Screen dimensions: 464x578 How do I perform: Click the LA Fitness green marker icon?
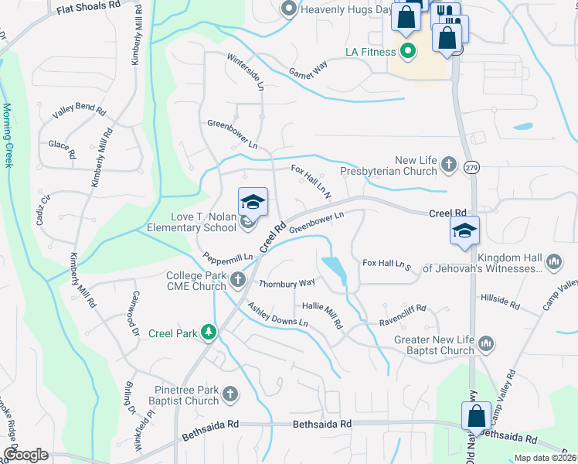407,52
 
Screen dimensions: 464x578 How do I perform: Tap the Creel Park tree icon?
208,332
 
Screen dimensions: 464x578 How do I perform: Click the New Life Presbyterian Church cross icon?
449,163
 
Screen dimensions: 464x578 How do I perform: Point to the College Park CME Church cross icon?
238,279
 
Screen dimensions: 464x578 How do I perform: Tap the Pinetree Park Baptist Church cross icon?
229,395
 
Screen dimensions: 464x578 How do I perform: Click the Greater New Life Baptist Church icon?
485,343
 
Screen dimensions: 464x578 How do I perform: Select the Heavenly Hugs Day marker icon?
289,9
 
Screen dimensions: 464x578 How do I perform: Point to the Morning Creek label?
8,135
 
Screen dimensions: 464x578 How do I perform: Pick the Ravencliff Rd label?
402,309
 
